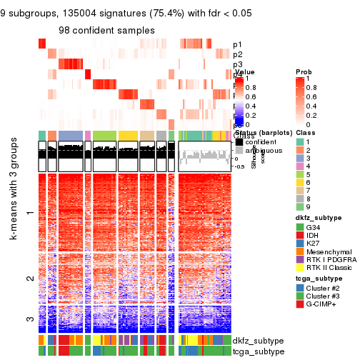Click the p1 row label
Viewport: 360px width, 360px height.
(237, 45)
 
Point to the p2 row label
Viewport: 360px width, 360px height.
(237, 55)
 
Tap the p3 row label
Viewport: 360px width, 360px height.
(237, 65)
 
